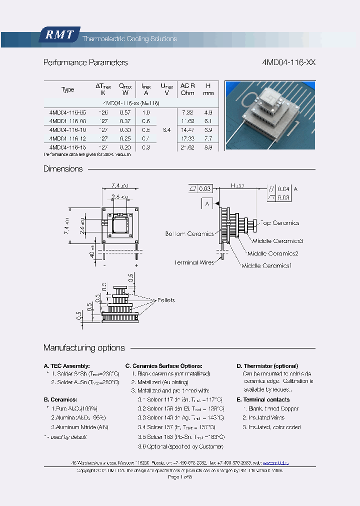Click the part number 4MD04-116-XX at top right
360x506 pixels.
(288, 63)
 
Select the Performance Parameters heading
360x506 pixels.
(85, 63)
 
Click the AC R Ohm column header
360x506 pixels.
(187, 89)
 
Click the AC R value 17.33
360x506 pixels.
(187, 138)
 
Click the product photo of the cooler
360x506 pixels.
(269, 115)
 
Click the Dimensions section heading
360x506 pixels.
(63, 169)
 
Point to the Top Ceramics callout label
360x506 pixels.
(279, 223)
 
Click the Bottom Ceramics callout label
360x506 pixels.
(189, 234)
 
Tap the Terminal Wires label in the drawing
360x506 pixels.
(194, 262)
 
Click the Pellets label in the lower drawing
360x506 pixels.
(166, 300)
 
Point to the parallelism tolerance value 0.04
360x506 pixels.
(283, 188)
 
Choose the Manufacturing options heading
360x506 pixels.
(84, 348)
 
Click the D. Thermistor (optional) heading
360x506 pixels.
(267, 366)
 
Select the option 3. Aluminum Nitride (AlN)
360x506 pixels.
(79, 427)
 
